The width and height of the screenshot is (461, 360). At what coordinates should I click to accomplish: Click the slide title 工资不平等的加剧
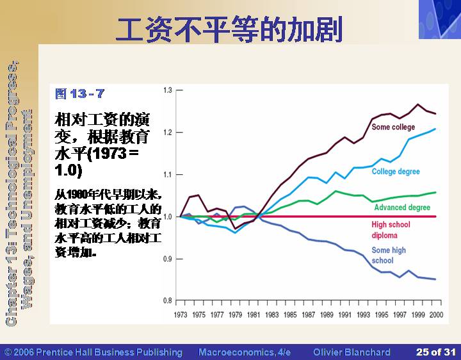[x=229, y=28]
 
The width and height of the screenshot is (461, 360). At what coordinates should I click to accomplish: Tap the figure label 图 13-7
[x=79, y=94]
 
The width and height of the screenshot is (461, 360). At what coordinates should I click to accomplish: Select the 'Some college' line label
[x=393, y=127]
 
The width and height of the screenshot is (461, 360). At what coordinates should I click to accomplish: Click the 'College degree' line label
[x=396, y=172]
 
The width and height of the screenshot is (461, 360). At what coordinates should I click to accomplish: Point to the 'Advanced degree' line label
[x=402, y=208]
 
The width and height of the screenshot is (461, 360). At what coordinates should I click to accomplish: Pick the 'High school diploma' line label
[x=390, y=229]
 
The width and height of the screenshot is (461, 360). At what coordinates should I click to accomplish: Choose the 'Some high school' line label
[x=389, y=255]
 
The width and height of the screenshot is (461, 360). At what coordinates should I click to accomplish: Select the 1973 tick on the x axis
[x=181, y=315]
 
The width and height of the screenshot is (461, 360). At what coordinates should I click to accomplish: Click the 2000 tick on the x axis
[x=436, y=315]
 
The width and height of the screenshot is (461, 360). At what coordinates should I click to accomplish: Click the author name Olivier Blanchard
[x=352, y=352]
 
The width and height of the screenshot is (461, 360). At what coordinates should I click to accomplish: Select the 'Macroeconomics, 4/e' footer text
[x=245, y=352]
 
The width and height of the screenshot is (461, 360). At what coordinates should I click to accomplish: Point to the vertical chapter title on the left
[x=19, y=192]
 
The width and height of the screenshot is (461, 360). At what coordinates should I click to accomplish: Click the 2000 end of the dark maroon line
[x=436, y=113]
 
